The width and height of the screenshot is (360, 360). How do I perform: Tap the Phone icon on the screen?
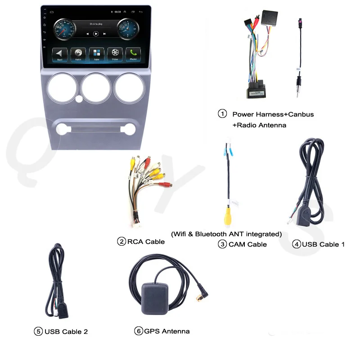pyautogui.click(x=133, y=54)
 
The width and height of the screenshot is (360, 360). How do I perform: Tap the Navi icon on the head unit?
pyautogui.click(x=60, y=54)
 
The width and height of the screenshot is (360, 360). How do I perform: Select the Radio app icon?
pyautogui.click(x=78, y=54)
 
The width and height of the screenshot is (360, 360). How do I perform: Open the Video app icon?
pyautogui.click(x=115, y=54)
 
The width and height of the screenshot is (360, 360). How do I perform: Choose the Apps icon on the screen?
pyautogui.click(x=96, y=54)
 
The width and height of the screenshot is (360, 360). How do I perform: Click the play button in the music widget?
pyautogui.click(x=96, y=34)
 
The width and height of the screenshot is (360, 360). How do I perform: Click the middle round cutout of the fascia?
pyautogui.click(x=96, y=87)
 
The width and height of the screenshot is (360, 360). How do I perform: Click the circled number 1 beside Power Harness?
pyautogui.click(x=222, y=114)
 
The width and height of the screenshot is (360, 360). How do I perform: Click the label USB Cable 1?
pyautogui.click(x=323, y=244)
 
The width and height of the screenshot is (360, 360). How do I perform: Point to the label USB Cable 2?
pyautogui.click(x=66, y=332)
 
